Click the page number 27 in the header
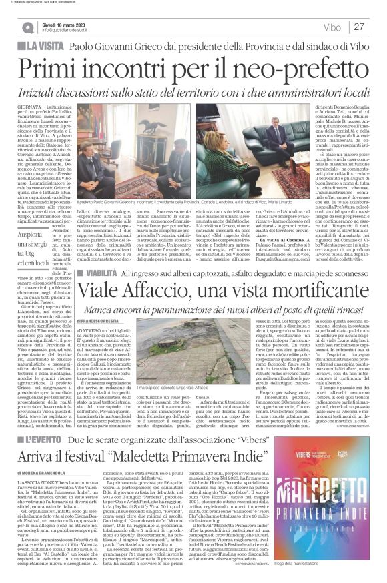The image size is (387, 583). click(359, 27)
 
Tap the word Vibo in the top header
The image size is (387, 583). click(330, 27)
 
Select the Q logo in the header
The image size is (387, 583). click(27, 27)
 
